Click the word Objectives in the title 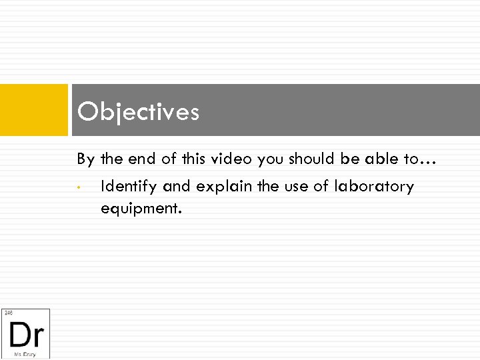point(138,111)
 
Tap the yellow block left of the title point(34,109)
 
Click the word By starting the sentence point(86,159)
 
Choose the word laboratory point(374,187)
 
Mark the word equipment point(140,209)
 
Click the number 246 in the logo point(8,313)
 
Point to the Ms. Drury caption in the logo point(26,353)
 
